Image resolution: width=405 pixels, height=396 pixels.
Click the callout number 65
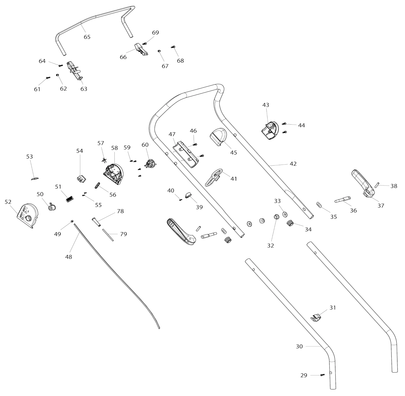coord(87,37)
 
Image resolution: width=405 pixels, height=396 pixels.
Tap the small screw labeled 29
coord(322,375)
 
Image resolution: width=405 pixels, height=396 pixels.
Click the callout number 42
coord(293,164)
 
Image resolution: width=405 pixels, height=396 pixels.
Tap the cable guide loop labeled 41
coord(213,177)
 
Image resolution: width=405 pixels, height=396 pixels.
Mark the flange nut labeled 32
coord(276,217)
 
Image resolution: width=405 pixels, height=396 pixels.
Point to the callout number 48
coord(69,257)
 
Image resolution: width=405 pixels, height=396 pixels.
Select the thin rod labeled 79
coord(108,235)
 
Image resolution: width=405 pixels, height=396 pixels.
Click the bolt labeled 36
coord(342,199)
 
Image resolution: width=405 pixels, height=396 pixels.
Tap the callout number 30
coord(299,346)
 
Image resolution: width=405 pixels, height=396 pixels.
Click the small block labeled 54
coord(81,179)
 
